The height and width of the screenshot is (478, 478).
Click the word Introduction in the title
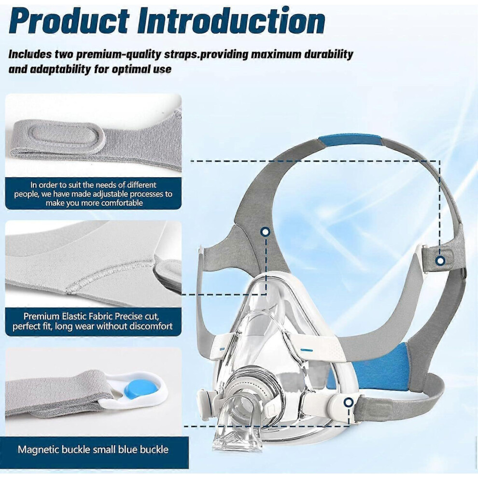(231, 21)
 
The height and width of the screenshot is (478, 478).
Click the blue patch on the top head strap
(350, 141)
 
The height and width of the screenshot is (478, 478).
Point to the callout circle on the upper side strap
(266, 232)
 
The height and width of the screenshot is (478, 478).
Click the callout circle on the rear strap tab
(440, 261)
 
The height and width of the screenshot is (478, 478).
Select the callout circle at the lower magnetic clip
(349, 402)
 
